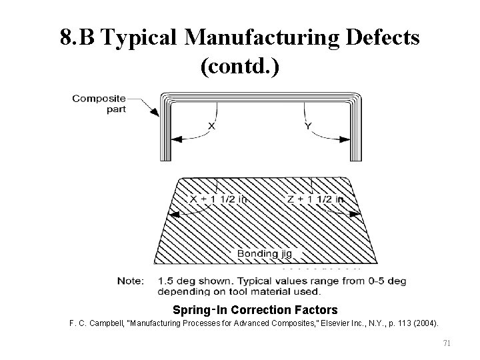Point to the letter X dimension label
211,125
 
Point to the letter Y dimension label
309,125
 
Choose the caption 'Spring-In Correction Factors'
255,310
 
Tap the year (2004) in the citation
423,323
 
